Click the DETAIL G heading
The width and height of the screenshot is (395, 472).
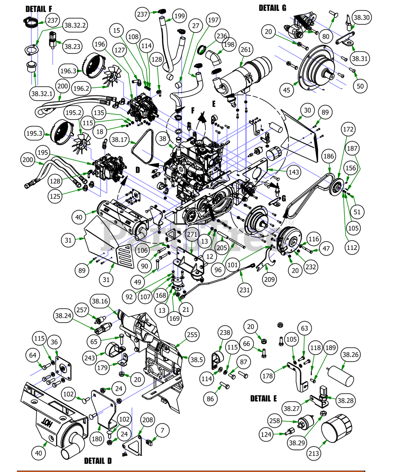(x=272, y=8)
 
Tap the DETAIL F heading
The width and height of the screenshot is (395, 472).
(x=38, y=9)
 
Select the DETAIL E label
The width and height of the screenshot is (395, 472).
(x=263, y=398)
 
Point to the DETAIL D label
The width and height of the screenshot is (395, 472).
(x=98, y=461)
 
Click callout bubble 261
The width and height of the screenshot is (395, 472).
(x=245, y=49)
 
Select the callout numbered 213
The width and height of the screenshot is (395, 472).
(x=313, y=453)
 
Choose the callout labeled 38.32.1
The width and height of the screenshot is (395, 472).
(x=42, y=94)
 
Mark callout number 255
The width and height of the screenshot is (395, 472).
(x=192, y=335)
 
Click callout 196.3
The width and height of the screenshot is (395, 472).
(x=69, y=71)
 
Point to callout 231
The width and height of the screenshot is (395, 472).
(x=245, y=290)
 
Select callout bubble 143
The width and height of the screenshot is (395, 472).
(x=294, y=172)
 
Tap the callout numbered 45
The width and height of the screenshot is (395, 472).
(x=287, y=90)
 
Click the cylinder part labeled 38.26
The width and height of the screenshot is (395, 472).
(x=341, y=375)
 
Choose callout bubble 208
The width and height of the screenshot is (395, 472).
(x=148, y=420)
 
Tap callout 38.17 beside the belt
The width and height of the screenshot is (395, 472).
(x=119, y=140)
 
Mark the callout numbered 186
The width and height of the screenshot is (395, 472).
(x=328, y=156)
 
